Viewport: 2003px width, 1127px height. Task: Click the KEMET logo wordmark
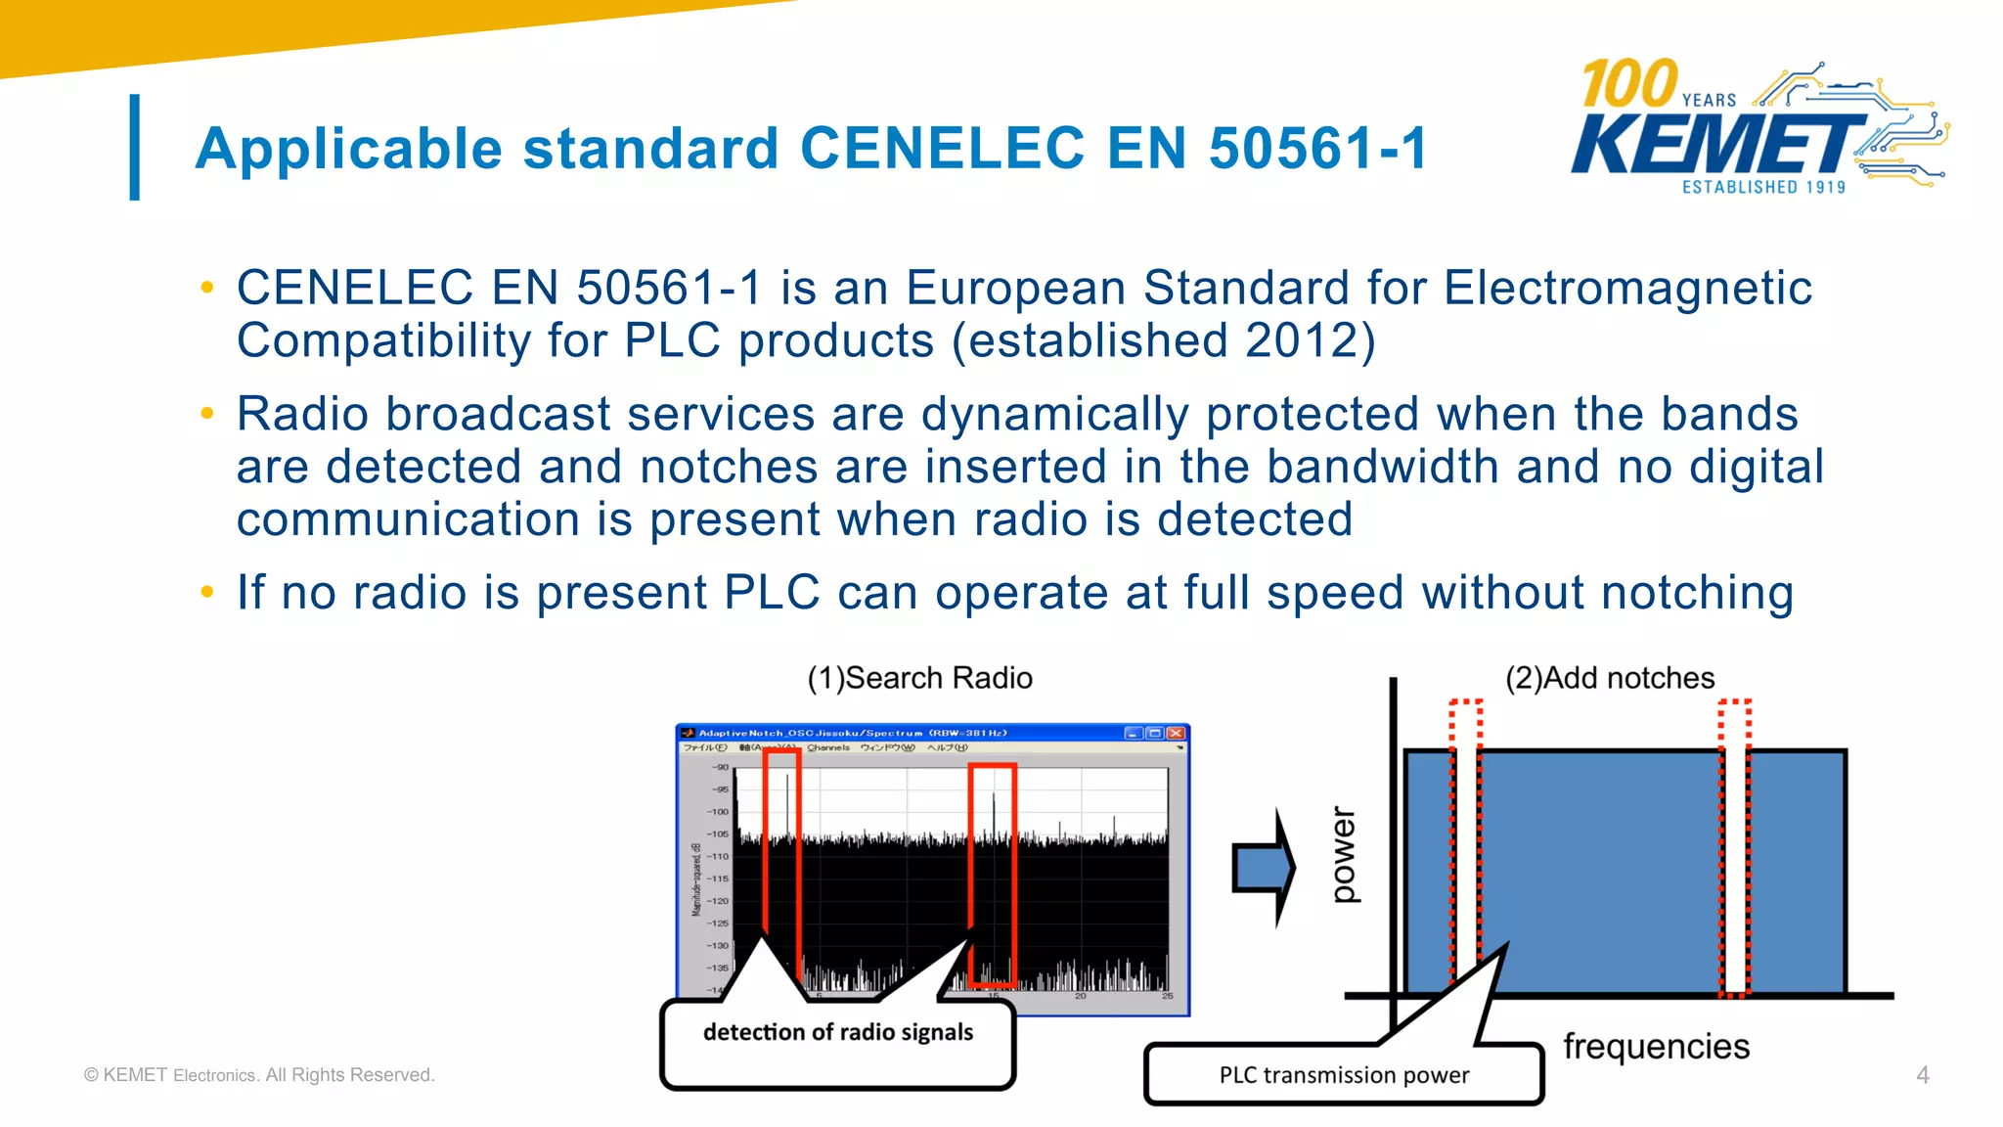tap(1716, 144)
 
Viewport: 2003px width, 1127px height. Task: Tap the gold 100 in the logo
tap(1629, 84)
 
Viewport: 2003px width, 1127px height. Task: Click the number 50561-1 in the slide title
tap(1317, 149)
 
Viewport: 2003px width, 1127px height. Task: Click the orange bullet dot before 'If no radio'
tap(206, 592)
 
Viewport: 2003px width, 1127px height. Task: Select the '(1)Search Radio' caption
tap(919, 678)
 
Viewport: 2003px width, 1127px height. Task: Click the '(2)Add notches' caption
tap(1609, 678)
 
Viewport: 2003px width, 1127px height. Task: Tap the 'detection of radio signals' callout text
tap(838, 1032)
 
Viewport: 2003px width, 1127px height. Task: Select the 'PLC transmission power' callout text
tap(1344, 1075)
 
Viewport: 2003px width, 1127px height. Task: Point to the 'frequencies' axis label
tap(1656, 1046)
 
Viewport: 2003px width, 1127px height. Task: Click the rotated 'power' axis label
tap(1345, 854)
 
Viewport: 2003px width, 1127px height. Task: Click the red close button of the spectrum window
tap(1176, 733)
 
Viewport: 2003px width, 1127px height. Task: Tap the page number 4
tap(1922, 1075)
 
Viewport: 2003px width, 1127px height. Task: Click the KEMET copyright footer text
tap(259, 1075)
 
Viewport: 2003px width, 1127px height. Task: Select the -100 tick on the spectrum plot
tap(718, 812)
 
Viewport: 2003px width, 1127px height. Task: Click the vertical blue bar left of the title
tap(135, 147)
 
